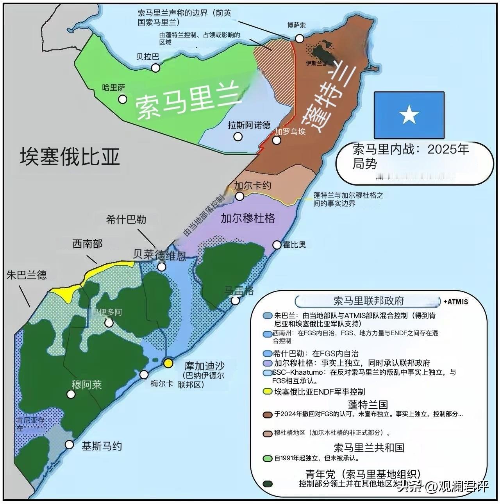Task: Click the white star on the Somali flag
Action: point(409,115)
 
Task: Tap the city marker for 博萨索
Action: point(300,38)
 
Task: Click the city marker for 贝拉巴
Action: point(156,68)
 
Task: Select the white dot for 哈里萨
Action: point(123,99)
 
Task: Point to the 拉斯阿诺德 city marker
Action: point(237,137)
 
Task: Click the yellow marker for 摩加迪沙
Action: point(168,363)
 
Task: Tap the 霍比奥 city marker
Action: point(277,245)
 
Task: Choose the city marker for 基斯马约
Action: point(70,445)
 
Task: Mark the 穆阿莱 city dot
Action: point(71,394)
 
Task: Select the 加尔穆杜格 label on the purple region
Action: point(248,218)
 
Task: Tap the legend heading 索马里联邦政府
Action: point(368,301)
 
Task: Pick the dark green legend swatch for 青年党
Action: point(268,484)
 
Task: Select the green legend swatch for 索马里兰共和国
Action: point(268,458)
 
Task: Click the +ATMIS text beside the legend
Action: point(455,302)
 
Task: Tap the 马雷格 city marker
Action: point(235,300)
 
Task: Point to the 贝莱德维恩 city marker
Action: point(161,267)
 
